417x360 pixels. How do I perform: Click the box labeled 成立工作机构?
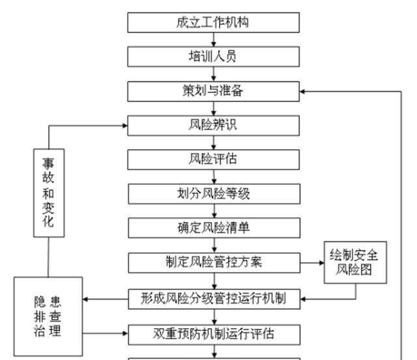pyautogui.click(x=213, y=23)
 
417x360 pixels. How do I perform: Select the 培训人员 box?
pyautogui.click(x=213, y=57)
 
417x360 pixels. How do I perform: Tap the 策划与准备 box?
pyautogui.click(x=213, y=91)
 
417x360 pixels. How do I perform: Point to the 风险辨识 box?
pyautogui.click(x=213, y=125)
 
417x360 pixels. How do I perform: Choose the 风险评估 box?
pyautogui.click(x=213, y=159)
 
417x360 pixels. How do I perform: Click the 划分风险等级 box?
pyautogui.click(x=213, y=193)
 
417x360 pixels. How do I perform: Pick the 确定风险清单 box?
pyautogui.click(x=213, y=228)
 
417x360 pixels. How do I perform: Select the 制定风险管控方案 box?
pyautogui.click(x=213, y=263)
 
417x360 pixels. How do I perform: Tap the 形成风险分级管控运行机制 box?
pyautogui.click(x=213, y=299)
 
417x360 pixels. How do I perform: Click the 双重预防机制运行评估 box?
pyautogui.click(x=213, y=335)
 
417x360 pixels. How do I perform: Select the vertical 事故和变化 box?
pyautogui.click(x=49, y=192)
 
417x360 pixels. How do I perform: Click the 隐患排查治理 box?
pyautogui.click(x=49, y=317)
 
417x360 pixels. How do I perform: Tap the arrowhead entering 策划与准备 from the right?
pyautogui.click(x=304, y=91)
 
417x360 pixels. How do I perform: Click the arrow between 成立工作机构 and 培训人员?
pyautogui.click(x=213, y=40)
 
